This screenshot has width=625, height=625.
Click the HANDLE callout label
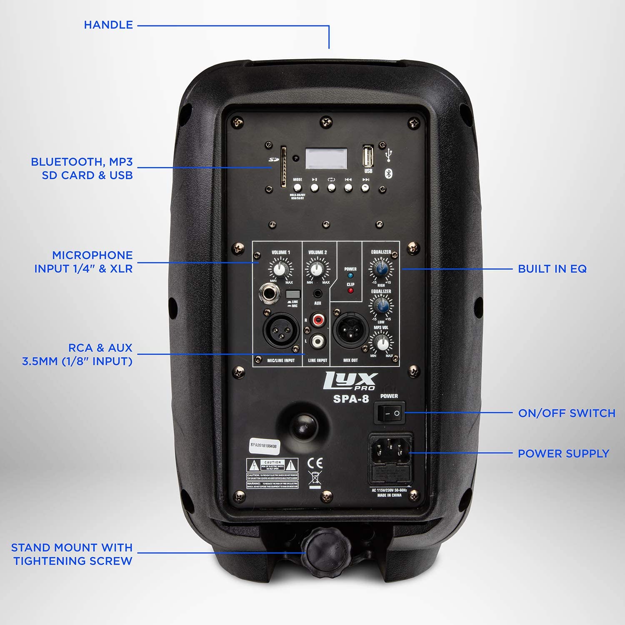click(x=108, y=25)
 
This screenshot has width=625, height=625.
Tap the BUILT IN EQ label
click(x=552, y=269)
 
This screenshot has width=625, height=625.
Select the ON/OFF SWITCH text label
click(x=567, y=413)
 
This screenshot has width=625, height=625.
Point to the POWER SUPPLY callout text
click(x=563, y=454)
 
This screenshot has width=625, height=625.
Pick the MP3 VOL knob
click(x=381, y=343)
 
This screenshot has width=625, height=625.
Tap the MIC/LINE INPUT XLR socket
click(x=281, y=330)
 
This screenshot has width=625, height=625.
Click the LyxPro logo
click(x=351, y=381)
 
